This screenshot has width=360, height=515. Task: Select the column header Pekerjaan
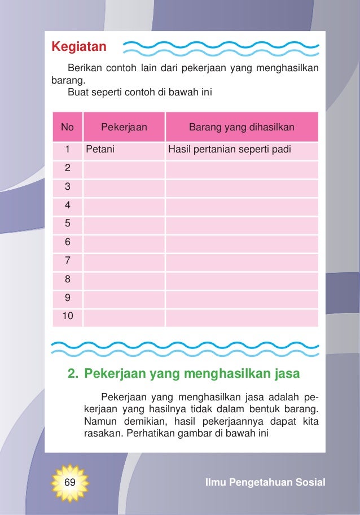coord(124,127)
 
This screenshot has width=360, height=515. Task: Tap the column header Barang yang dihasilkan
coord(242,127)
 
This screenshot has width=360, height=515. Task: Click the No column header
coord(67,127)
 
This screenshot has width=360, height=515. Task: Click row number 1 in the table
coord(67,150)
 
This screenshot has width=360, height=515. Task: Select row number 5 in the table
coord(68,224)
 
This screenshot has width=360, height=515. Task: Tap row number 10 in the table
coord(68,316)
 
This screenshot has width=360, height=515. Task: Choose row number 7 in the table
coord(68,261)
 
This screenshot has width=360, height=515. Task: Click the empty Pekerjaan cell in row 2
coord(124,168)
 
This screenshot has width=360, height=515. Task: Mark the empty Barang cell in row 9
coord(242,298)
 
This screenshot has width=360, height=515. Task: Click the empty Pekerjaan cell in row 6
coord(124,242)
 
